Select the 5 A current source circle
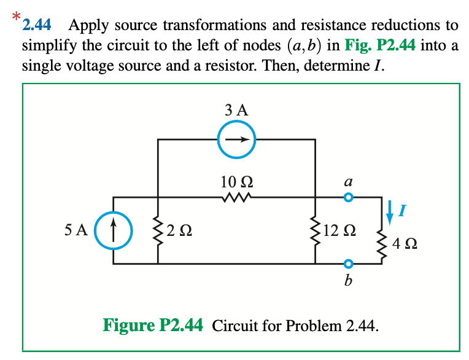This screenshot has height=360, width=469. point(114,231)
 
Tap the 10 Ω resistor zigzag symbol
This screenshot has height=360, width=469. point(236,198)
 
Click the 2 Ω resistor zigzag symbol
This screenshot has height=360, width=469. point(158,231)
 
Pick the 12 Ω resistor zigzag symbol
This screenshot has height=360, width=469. point(315,231)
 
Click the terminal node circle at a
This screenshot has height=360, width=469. point(349,198)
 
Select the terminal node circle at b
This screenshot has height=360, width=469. point(349,264)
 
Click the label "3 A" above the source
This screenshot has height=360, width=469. point(236,111)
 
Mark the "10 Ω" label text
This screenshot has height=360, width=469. point(236,182)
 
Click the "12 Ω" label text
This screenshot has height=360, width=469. point(338,232)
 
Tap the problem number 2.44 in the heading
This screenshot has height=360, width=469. point(37,26)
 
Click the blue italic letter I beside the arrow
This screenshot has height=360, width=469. point(402,212)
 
